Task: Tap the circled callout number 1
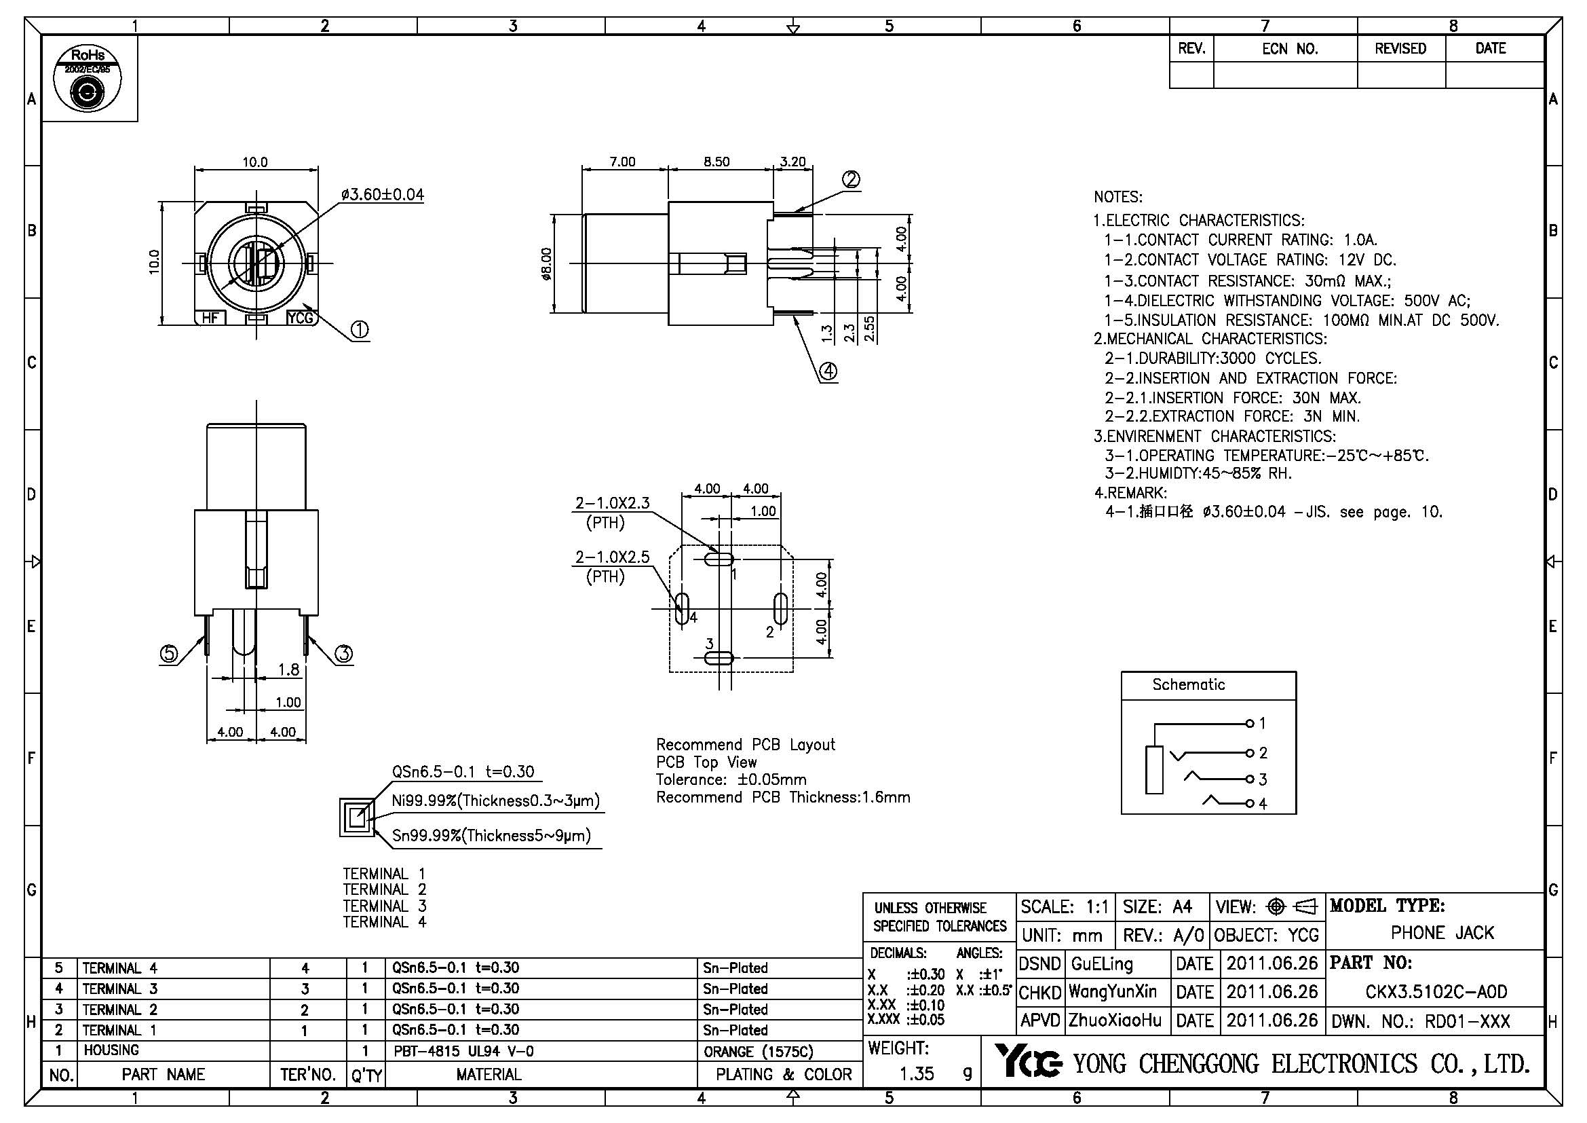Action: (x=360, y=330)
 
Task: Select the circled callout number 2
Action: (x=851, y=179)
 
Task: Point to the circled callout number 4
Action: (x=828, y=371)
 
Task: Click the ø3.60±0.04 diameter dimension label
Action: (x=382, y=195)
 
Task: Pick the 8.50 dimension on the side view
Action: (x=716, y=162)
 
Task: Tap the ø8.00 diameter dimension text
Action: (x=547, y=264)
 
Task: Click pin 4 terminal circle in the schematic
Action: (x=1249, y=803)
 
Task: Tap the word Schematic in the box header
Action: (x=1188, y=684)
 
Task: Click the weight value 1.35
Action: (x=917, y=1073)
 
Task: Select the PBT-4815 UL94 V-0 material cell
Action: (x=463, y=1052)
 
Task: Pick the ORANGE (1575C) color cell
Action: (x=759, y=1052)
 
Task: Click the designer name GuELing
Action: (x=1102, y=964)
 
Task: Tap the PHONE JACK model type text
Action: (x=1442, y=934)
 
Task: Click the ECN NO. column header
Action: (x=1290, y=49)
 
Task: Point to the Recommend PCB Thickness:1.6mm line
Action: (x=782, y=797)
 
